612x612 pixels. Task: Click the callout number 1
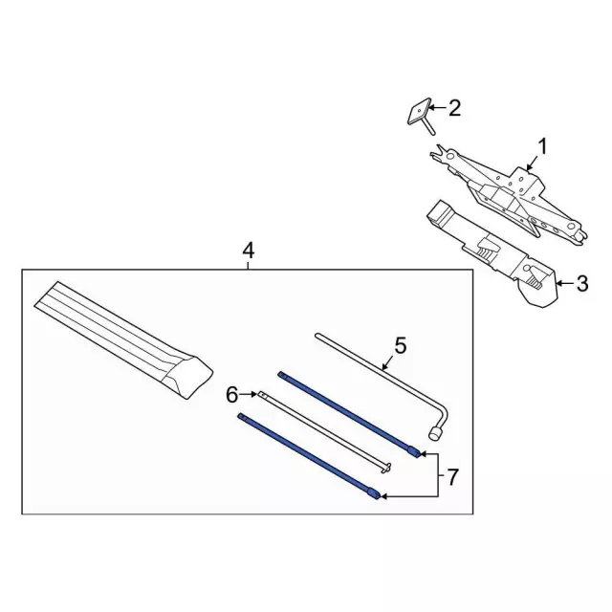click(x=542, y=147)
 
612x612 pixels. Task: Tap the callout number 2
click(x=454, y=108)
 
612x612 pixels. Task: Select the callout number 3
click(x=582, y=283)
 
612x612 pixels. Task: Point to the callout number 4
click(x=249, y=251)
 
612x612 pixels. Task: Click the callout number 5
click(x=401, y=345)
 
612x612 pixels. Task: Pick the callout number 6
click(x=231, y=395)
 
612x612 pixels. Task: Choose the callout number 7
click(x=451, y=477)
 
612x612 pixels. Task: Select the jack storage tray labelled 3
click(x=492, y=254)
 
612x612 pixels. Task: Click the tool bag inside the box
click(x=123, y=340)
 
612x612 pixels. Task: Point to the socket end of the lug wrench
click(x=435, y=434)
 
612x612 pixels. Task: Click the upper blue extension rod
click(x=350, y=414)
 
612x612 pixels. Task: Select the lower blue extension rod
click(x=309, y=456)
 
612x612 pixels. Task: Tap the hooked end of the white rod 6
click(x=385, y=468)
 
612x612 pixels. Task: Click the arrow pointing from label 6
click(x=248, y=395)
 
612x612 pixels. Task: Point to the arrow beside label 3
click(x=565, y=283)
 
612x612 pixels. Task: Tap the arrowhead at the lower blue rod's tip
click(x=383, y=496)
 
